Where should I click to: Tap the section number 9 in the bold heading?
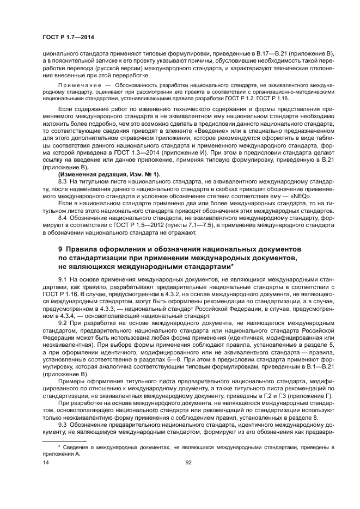point(60,248)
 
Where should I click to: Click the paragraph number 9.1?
point(62,279)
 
